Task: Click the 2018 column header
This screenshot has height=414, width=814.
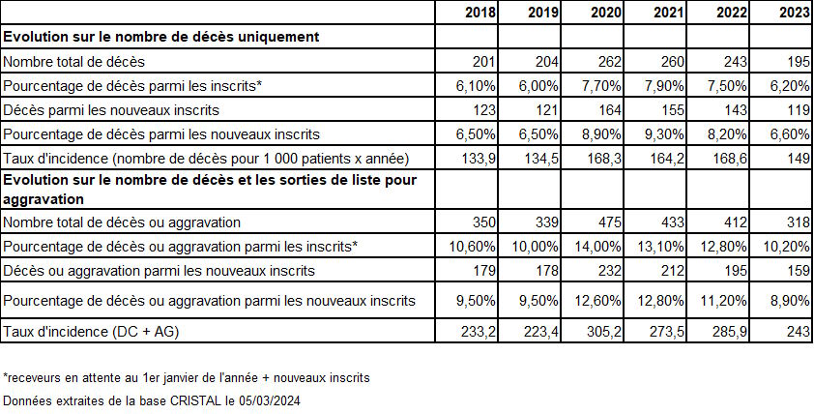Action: point(480,13)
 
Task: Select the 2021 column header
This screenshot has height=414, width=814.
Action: point(669,13)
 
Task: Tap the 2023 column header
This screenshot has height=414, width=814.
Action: point(795,13)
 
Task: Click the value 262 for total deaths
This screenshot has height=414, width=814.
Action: point(609,62)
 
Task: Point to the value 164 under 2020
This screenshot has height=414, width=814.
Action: point(609,110)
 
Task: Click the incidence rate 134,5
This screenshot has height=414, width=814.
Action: point(542,159)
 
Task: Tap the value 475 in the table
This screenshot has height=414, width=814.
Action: point(609,222)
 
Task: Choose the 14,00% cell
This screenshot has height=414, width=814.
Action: point(599,247)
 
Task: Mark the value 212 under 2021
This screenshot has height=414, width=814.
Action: point(673,271)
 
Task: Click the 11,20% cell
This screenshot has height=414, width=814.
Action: point(725,300)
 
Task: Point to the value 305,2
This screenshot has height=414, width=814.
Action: point(605,332)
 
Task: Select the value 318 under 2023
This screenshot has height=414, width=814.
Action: point(799,222)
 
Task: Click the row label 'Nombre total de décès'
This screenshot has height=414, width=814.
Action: point(73,62)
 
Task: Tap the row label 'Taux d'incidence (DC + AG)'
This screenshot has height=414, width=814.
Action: point(91,332)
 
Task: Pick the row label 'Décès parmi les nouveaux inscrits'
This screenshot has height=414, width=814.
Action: point(111,110)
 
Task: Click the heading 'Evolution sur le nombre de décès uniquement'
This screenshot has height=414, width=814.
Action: point(160,37)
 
